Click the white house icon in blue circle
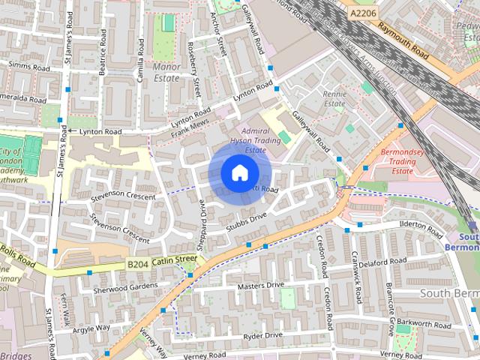click(238, 173)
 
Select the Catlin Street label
click(174, 260)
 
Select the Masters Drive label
click(260, 286)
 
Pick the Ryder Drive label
click(263, 335)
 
